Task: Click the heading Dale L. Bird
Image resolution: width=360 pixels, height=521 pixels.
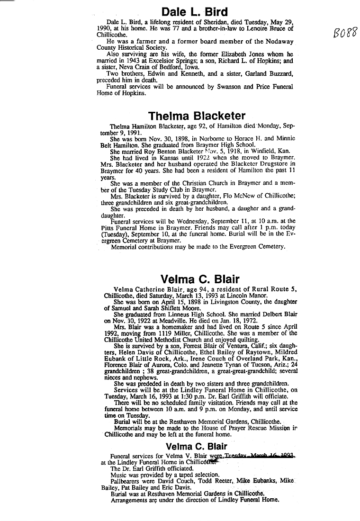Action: [x=194, y=11]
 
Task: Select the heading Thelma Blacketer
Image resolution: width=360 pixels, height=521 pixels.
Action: [x=197, y=116]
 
